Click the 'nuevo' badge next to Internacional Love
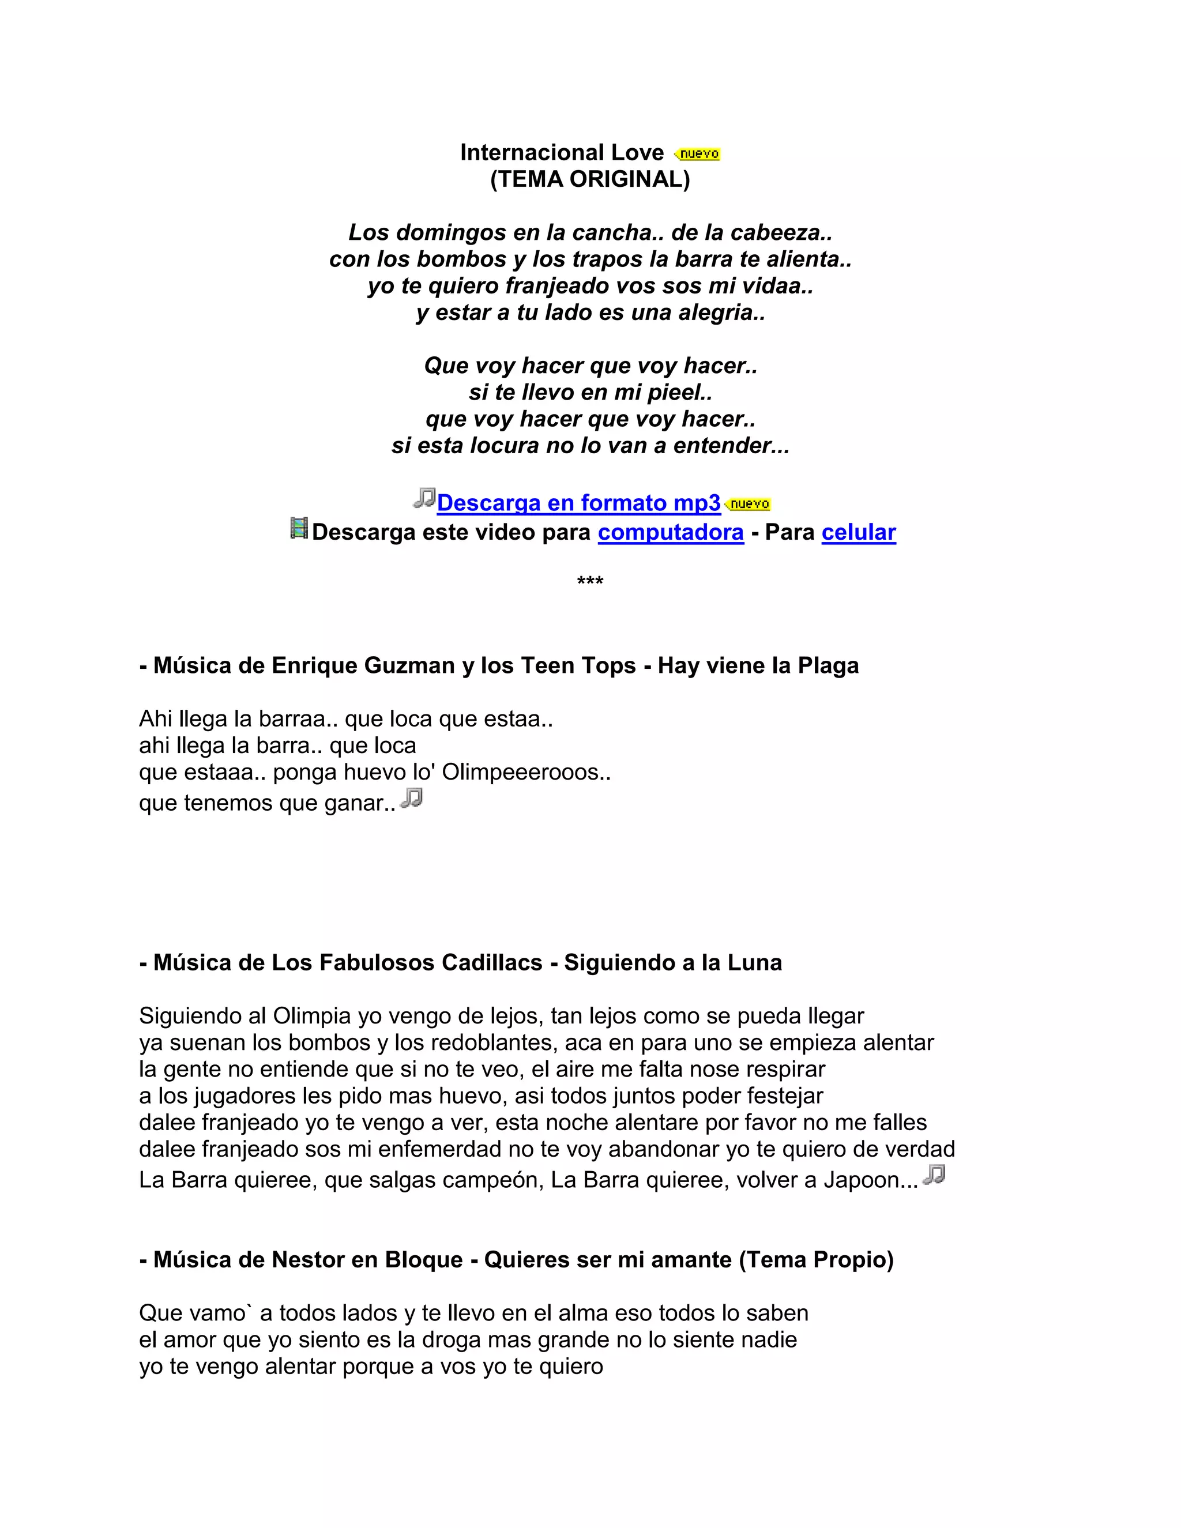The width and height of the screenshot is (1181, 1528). point(698,154)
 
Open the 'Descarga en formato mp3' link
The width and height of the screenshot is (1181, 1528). point(578,503)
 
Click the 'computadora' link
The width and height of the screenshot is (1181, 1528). point(670,532)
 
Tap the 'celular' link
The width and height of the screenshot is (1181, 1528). point(859,532)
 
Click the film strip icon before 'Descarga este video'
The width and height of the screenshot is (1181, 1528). point(299,528)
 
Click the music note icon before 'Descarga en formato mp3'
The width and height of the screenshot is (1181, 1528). point(424,498)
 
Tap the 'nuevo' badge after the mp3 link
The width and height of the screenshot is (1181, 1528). point(749,504)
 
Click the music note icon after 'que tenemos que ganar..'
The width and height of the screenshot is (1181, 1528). point(411,797)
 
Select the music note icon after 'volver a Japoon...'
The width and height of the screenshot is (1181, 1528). point(934,1175)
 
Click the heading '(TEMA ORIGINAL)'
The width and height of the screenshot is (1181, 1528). point(590,180)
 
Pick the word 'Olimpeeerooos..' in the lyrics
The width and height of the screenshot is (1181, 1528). point(526,773)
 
